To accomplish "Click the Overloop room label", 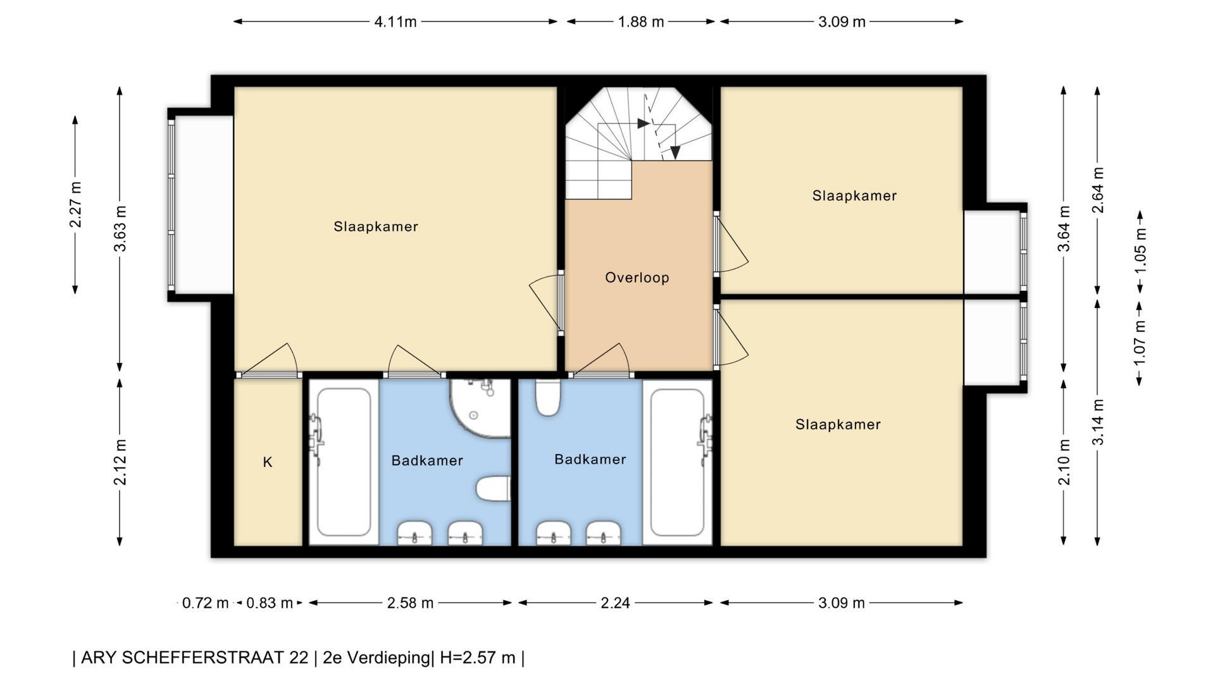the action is pos(637,278).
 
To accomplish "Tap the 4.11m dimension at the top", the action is pos(396,22).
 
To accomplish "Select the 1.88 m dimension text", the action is pos(641,22).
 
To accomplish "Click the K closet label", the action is pos(268,462).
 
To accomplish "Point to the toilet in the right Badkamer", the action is pos(548,397).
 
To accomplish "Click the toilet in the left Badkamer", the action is pos(493,489).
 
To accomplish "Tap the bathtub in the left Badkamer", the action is pos(344,462).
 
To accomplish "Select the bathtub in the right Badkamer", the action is pos(678,462).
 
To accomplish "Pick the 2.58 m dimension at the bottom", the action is pos(410,603).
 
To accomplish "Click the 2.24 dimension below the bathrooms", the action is pos(615,603).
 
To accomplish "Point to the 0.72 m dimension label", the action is pos(205,603).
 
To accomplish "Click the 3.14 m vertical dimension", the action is pos(1098,422).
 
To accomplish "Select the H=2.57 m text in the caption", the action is pos(477,658).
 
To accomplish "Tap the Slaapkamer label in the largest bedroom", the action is pos(376,226).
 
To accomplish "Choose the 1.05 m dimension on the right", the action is pos(1140,251).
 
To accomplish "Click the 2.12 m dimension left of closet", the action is pos(120,462).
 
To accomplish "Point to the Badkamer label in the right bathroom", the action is pos(590,459).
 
